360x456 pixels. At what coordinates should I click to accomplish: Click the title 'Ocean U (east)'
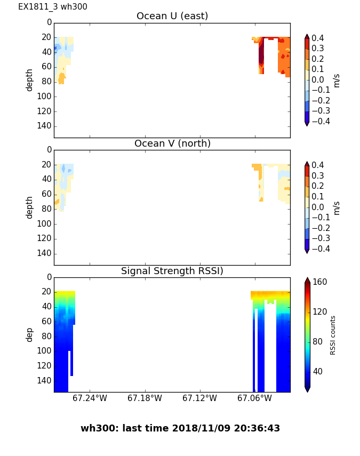click(172, 16)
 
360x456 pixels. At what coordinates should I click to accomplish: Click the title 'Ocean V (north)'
click(172, 143)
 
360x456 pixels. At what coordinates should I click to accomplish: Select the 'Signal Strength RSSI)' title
click(172, 271)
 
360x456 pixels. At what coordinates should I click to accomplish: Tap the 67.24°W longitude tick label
click(90, 398)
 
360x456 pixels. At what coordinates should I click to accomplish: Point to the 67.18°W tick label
click(145, 398)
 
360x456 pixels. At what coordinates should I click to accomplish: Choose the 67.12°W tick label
click(199, 398)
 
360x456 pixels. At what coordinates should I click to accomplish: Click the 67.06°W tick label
click(254, 398)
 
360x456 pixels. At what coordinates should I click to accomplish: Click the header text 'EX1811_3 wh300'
click(53, 7)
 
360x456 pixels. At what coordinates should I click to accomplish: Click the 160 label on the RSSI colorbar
click(320, 282)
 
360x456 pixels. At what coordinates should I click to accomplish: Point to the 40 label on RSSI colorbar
click(318, 371)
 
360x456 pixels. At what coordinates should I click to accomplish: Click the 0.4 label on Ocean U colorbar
click(320, 38)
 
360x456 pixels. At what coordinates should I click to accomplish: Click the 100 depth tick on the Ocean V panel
click(45, 223)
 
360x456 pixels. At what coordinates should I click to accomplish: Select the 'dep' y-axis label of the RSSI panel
click(30, 334)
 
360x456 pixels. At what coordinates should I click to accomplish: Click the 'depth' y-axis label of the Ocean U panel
click(30, 79)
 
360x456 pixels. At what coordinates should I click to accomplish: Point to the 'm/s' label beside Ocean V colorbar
click(337, 207)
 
